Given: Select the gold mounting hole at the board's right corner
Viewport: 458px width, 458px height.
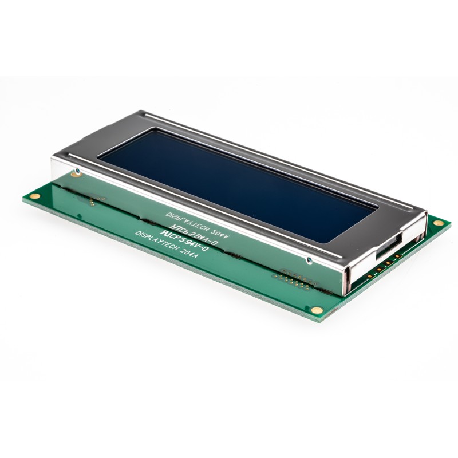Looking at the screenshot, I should coord(438,222).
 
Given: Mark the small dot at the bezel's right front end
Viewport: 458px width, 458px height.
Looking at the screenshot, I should coord(309,260).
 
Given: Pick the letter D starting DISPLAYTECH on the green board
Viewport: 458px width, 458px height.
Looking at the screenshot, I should coord(137,234).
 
